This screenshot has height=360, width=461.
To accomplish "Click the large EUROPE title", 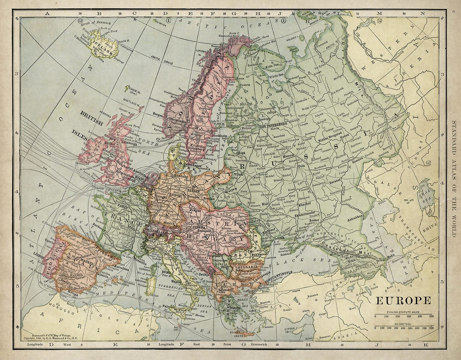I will (403, 300).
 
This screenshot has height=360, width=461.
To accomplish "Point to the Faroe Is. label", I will (131, 90).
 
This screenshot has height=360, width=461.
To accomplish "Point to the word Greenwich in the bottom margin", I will (257, 344).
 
